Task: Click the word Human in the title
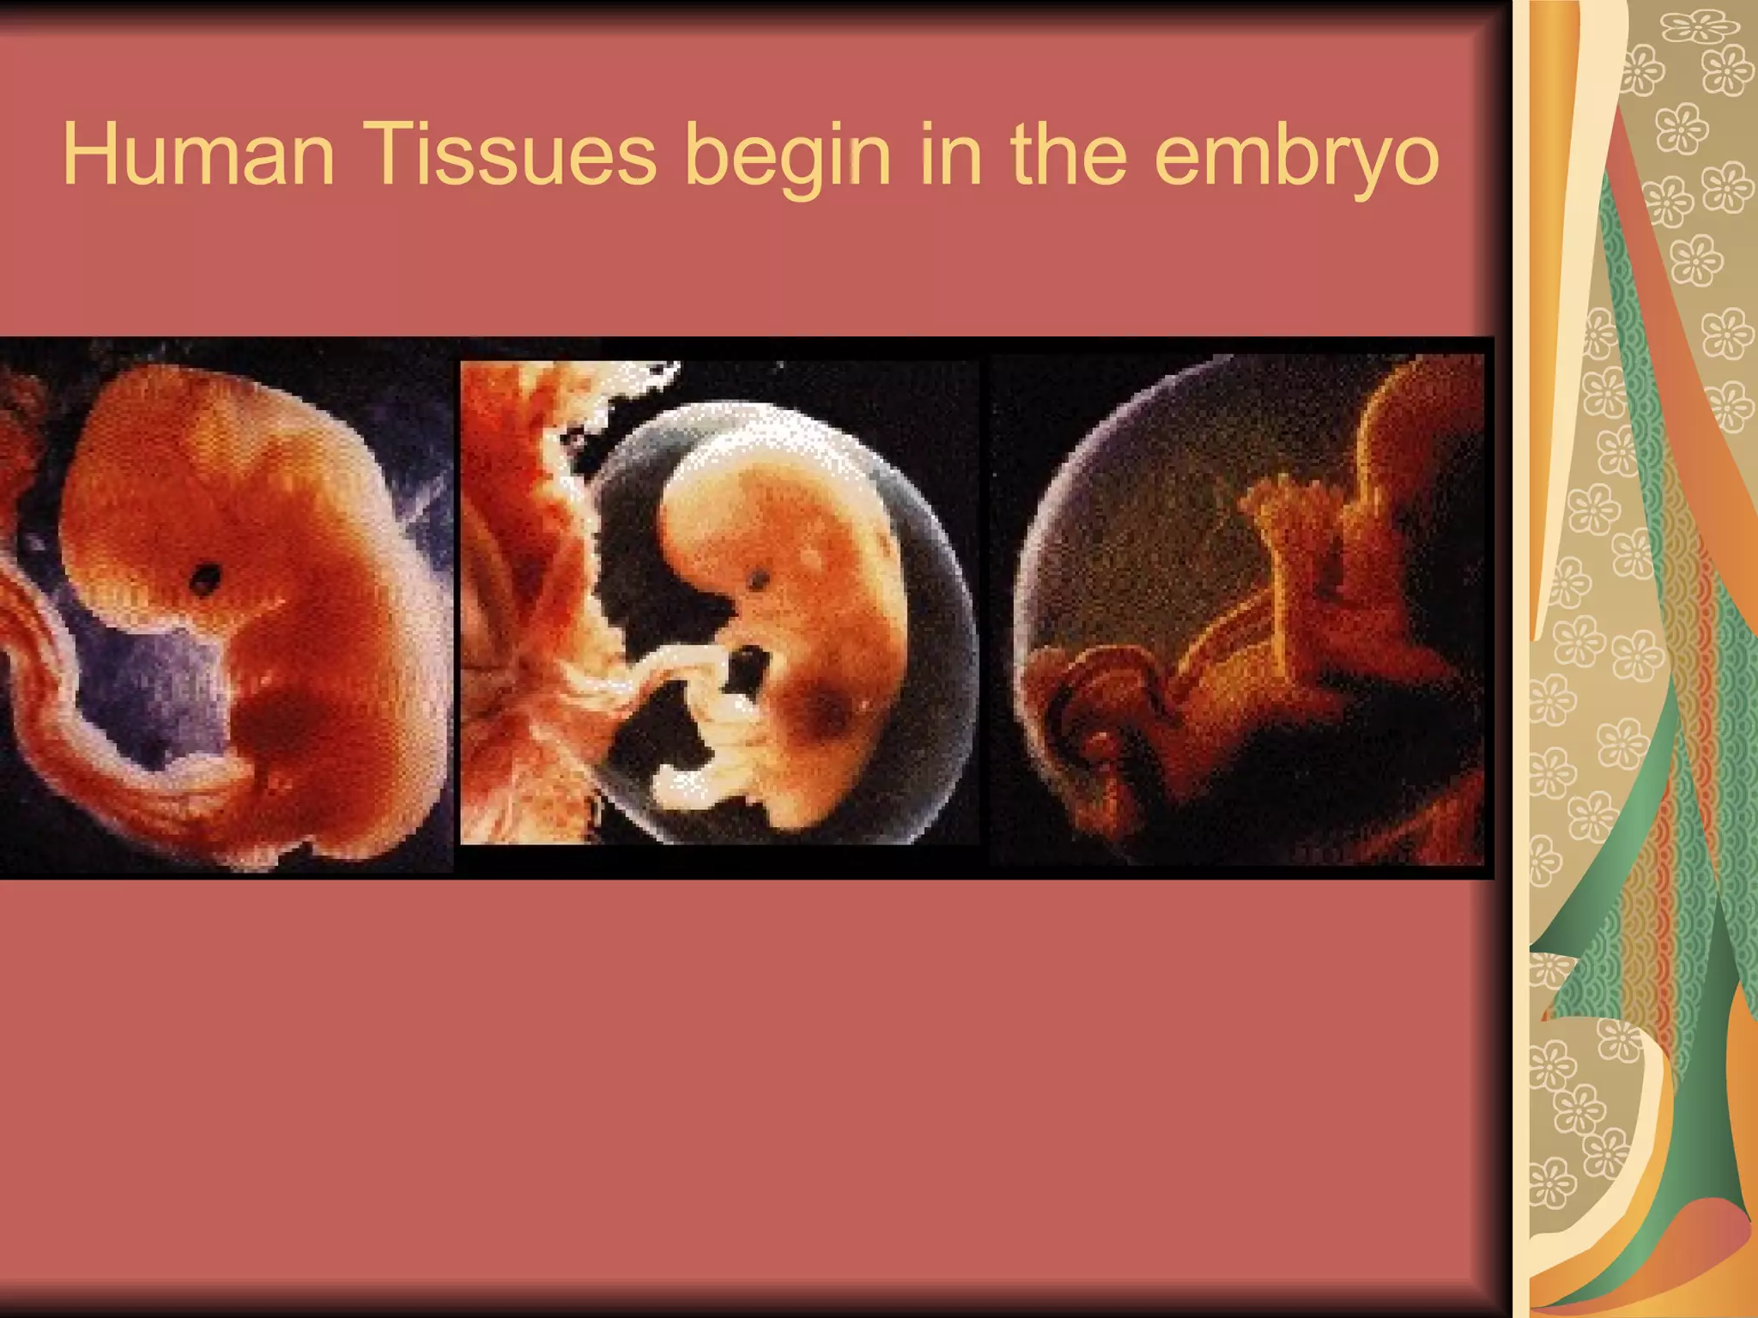tap(198, 155)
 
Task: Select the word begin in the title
tap(789, 159)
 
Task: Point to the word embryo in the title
tap(1295, 159)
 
